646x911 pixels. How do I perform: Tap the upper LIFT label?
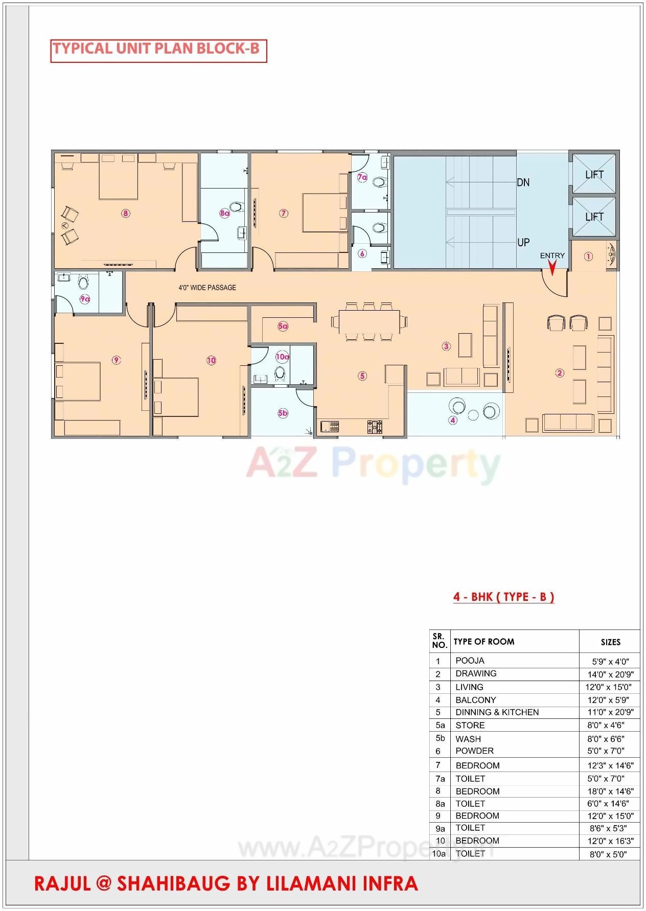(594, 175)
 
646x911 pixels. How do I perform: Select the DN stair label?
(523, 182)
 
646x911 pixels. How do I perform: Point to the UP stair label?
(523, 242)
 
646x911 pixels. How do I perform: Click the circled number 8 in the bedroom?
(125, 213)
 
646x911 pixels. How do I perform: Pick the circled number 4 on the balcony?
(452, 420)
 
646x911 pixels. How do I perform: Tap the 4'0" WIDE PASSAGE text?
(207, 288)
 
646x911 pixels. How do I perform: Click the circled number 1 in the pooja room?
(588, 256)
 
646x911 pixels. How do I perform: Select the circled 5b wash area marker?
(283, 413)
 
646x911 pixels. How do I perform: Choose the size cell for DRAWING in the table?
(610, 674)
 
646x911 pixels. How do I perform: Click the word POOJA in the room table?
(470, 661)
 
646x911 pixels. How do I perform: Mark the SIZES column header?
(610, 642)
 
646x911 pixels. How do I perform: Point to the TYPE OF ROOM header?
(483, 642)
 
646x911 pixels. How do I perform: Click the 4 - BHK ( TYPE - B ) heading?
(503, 597)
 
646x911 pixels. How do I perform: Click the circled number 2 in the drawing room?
(560, 373)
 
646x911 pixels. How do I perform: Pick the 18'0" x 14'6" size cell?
(610, 791)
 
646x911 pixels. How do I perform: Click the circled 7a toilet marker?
(362, 177)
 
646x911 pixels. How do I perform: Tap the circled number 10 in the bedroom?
(211, 360)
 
